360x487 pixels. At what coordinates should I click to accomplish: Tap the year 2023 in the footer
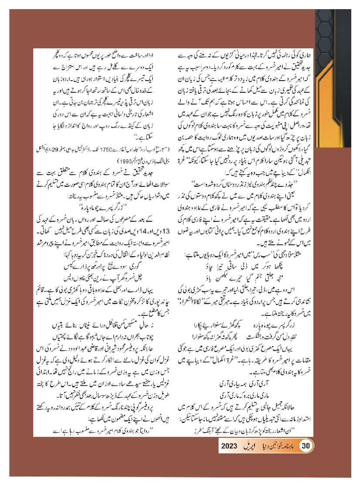pos(229,446)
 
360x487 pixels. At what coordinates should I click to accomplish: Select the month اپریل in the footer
pos(251,446)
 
